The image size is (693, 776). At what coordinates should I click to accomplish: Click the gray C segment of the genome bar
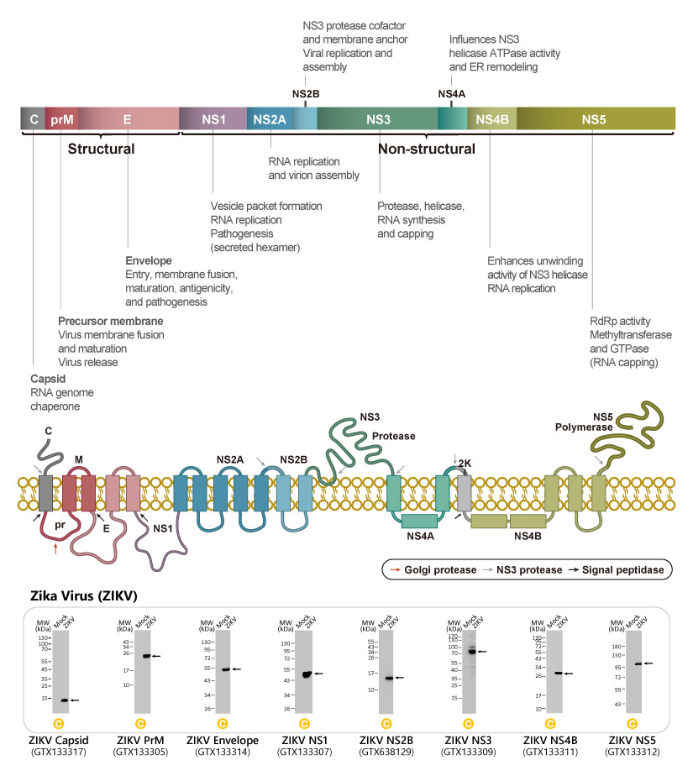click(33, 119)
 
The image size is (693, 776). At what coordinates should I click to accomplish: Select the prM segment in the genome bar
click(61, 119)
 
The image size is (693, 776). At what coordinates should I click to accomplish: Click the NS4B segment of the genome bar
click(491, 119)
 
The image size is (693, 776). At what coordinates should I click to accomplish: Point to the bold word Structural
click(101, 149)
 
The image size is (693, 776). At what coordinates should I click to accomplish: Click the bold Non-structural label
click(426, 149)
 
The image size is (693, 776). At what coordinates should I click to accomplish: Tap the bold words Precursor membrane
click(111, 322)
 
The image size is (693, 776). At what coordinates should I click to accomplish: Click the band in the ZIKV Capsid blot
click(64, 700)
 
